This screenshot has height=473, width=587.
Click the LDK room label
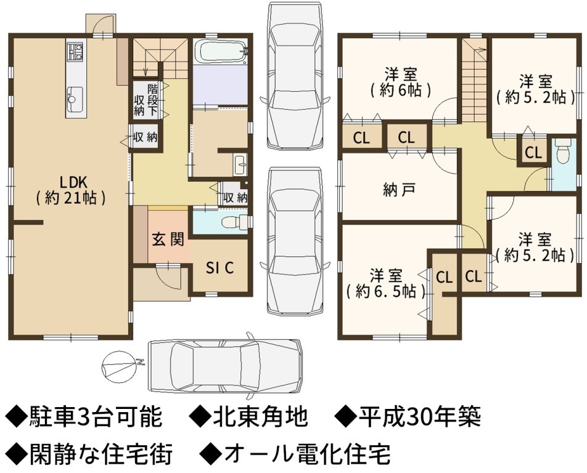pyautogui.click(x=71, y=190)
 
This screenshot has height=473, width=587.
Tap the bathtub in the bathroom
pyautogui.click(x=221, y=52)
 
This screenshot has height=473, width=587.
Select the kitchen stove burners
pyautogui.click(x=75, y=52)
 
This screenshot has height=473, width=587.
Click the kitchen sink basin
pyautogui.click(x=75, y=95)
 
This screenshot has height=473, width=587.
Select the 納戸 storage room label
pyautogui.click(x=399, y=190)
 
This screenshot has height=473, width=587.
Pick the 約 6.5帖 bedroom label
pyautogui.click(x=386, y=283)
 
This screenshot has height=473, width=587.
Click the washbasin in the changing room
pyautogui.click(x=240, y=164)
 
